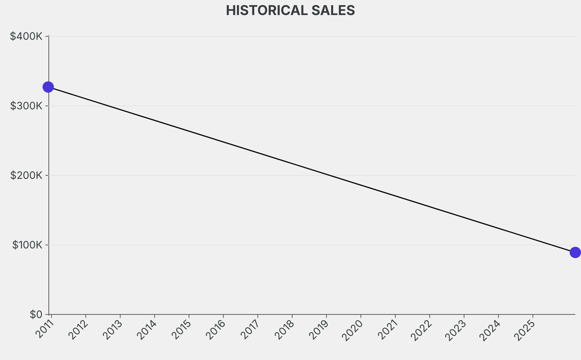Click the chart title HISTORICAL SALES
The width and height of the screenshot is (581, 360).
(x=290, y=10)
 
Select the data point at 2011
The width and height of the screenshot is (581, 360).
(x=48, y=87)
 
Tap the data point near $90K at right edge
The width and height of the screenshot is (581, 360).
(x=575, y=252)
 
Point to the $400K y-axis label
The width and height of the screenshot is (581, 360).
(x=27, y=36)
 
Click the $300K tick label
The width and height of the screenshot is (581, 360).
(x=27, y=106)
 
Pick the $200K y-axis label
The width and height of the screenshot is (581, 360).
(x=27, y=175)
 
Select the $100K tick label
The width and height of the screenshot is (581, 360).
(x=27, y=245)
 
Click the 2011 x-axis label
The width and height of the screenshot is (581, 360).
(x=44, y=329)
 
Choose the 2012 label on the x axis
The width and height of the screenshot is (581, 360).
(x=78, y=329)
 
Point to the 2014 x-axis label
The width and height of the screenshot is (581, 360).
(x=147, y=329)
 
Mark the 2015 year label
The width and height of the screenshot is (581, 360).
(x=182, y=329)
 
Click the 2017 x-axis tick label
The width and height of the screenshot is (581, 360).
(x=250, y=329)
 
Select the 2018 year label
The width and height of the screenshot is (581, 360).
(x=285, y=329)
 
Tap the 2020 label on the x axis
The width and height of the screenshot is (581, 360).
(x=353, y=329)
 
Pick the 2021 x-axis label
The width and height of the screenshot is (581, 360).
(x=388, y=329)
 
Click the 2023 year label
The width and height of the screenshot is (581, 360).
(x=457, y=329)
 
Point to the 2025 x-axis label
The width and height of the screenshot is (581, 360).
(x=525, y=329)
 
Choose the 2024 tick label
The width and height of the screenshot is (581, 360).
(x=491, y=329)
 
